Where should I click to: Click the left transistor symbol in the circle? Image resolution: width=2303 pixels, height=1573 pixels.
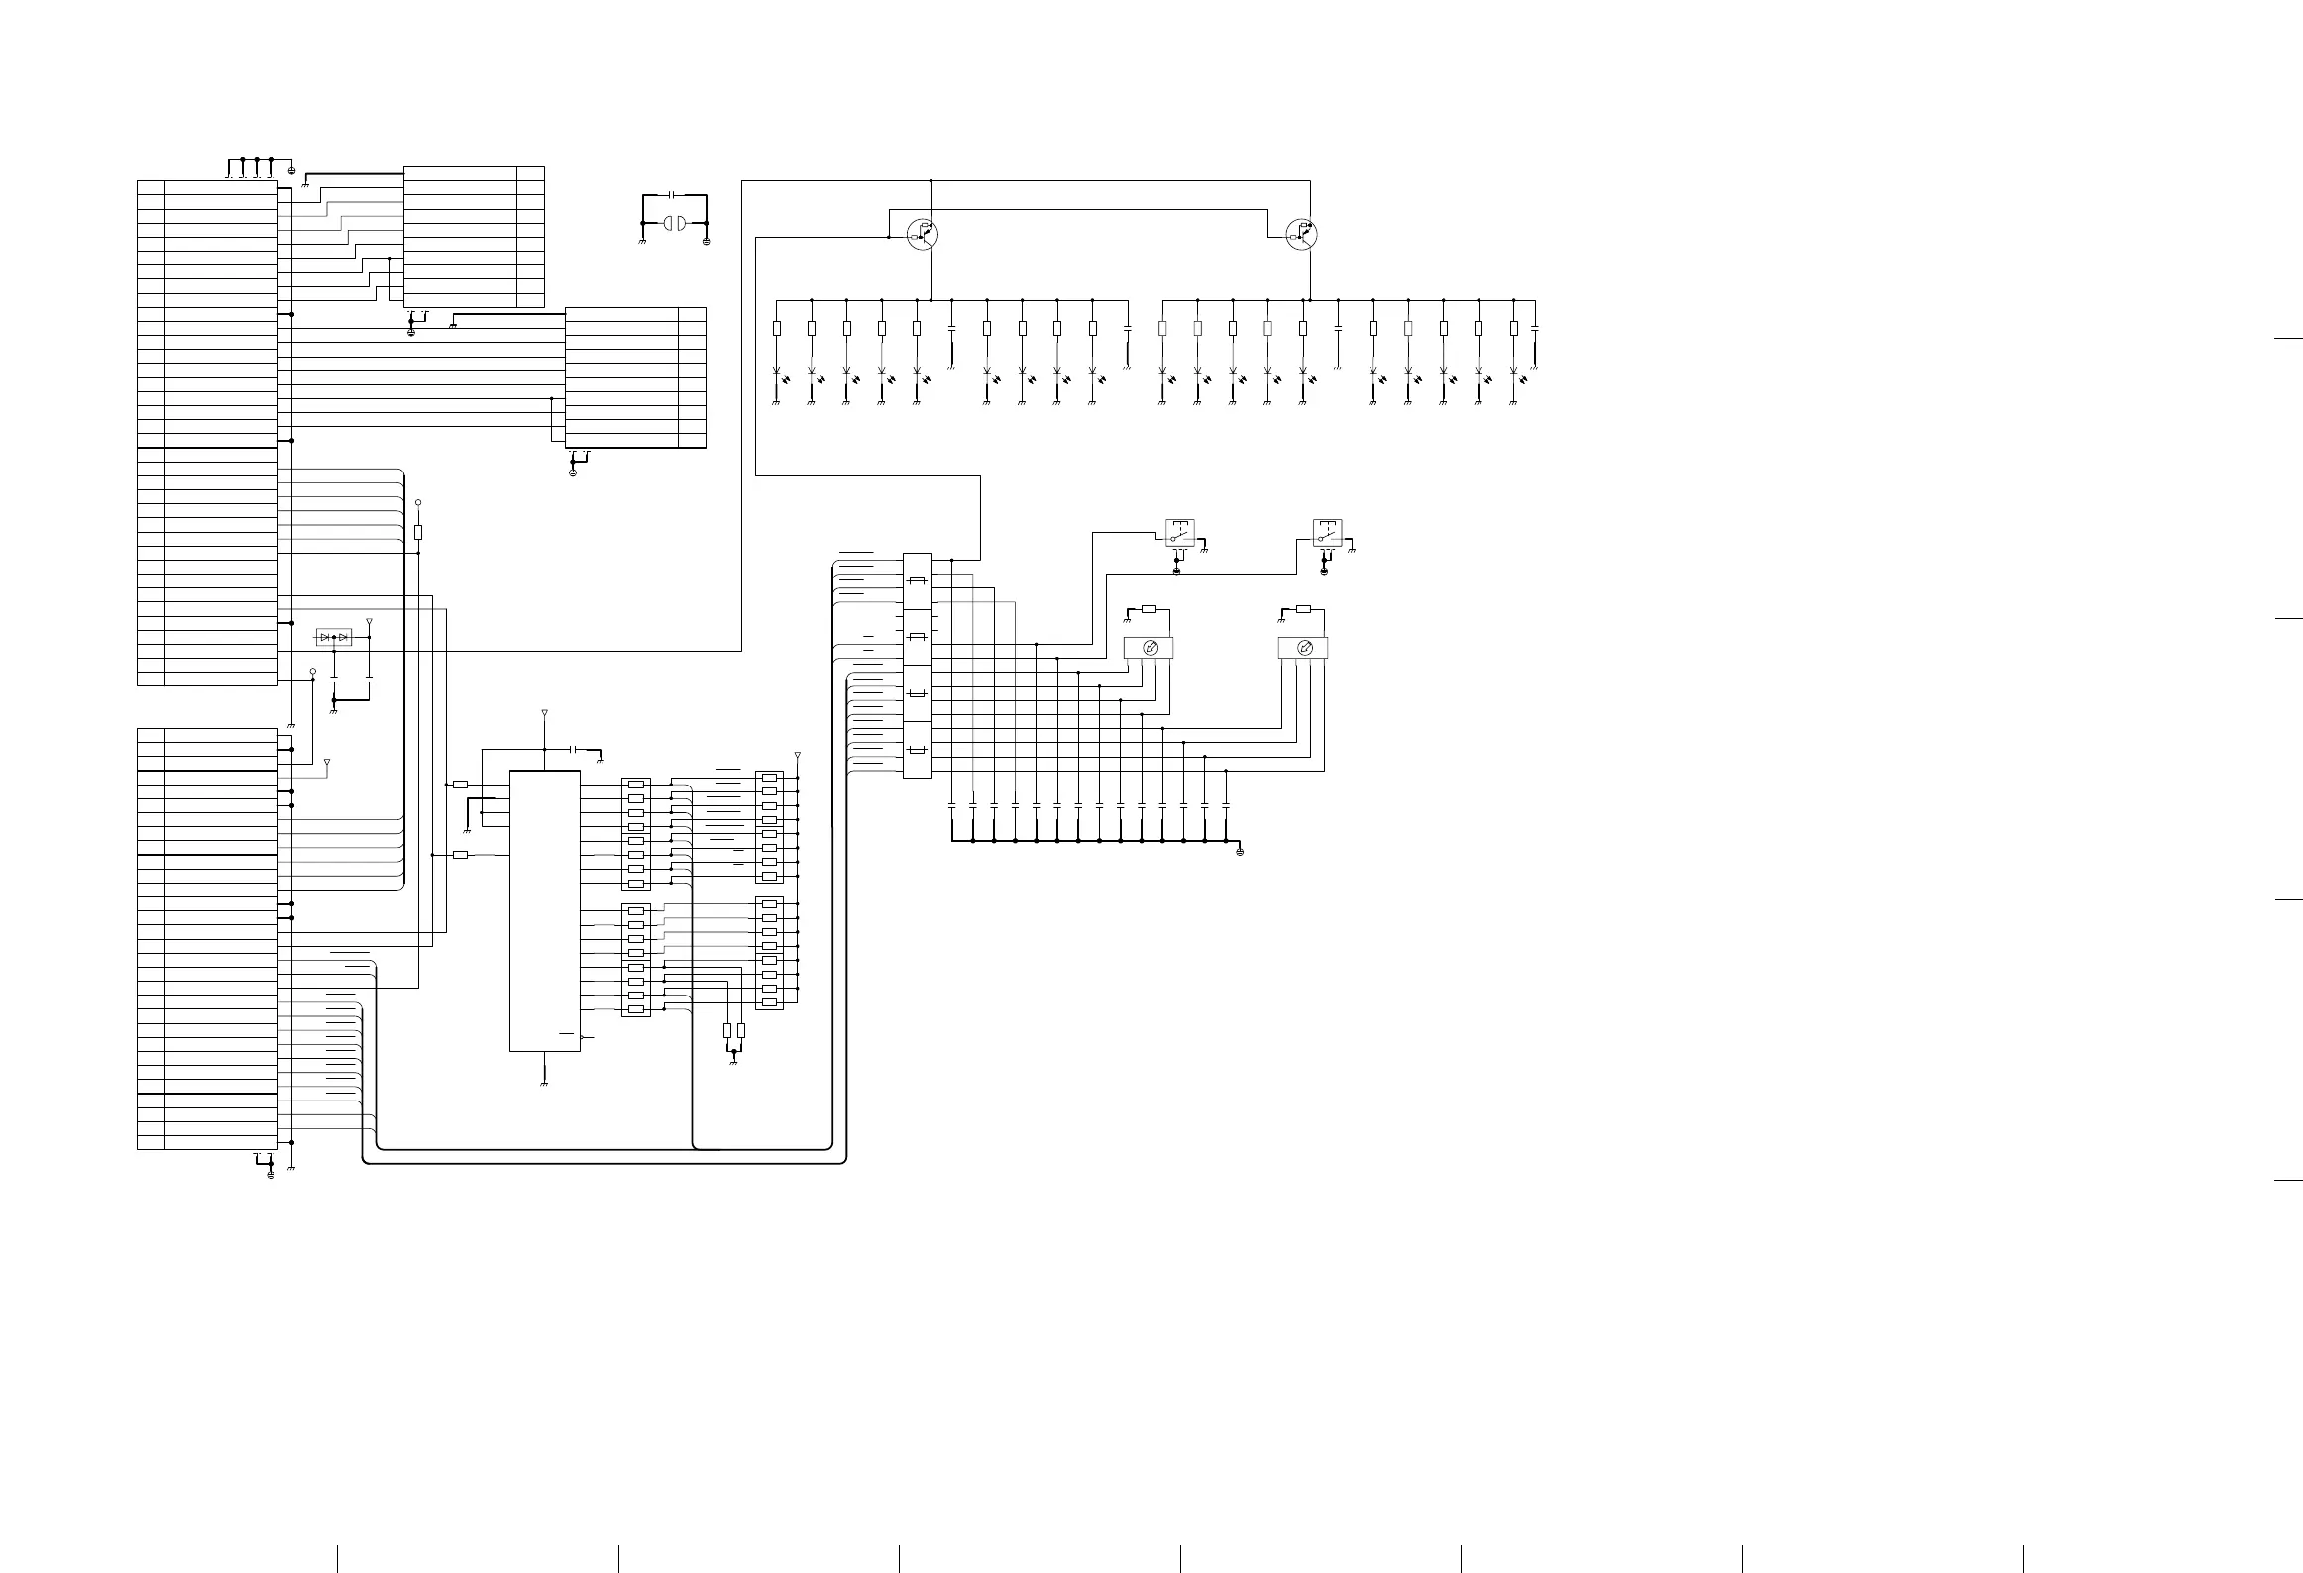point(923,234)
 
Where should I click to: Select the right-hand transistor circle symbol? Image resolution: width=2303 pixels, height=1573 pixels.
point(1301,235)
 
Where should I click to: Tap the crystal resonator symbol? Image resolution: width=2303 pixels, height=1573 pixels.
point(674,223)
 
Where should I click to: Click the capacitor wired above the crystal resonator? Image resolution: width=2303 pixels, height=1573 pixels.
point(673,195)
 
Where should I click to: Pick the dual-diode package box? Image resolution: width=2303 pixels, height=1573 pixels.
point(333,637)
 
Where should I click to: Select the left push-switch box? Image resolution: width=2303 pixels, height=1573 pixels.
point(1179,533)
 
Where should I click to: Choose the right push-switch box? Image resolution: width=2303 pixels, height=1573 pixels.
point(1327,533)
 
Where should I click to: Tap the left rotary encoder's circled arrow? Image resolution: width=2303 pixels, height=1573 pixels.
point(1150,649)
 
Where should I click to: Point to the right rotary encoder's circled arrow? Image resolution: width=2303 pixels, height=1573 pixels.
point(1304,649)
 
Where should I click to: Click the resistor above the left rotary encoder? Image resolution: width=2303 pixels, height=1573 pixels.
point(1150,609)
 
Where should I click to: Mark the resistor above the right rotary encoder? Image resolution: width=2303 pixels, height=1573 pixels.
point(1303,609)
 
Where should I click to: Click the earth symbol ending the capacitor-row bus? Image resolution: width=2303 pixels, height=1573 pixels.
point(1240,851)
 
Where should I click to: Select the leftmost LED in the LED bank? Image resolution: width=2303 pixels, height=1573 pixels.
point(777,372)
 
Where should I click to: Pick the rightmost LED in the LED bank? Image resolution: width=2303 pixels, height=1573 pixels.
point(1513,372)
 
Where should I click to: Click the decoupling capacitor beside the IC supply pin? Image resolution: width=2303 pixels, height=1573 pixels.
point(575,750)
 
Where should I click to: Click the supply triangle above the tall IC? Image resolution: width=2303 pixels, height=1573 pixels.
point(544,713)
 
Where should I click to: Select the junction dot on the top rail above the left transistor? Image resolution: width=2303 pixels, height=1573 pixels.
point(932,181)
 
